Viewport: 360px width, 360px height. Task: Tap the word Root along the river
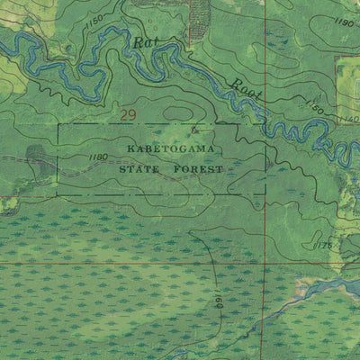[244, 88]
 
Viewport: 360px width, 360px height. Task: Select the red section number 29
[128, 114]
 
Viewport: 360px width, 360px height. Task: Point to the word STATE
[137, 167]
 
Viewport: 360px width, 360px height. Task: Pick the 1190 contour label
[343, 21]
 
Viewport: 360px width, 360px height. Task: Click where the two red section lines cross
[265, 264]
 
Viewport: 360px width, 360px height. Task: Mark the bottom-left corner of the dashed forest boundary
[58, 193]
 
